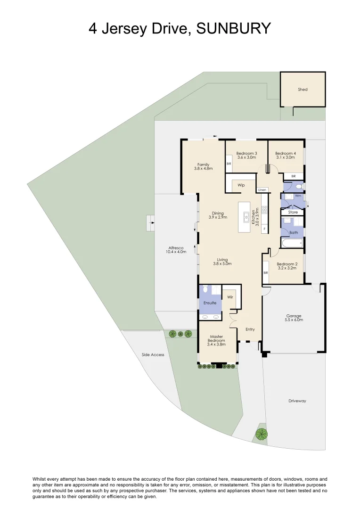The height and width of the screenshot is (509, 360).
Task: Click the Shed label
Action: click(303, 89)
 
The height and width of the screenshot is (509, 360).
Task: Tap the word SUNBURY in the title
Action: click(233, 28)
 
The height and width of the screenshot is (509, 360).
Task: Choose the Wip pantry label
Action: click(241, 185)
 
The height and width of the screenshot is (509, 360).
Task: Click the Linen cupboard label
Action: click(262, 190)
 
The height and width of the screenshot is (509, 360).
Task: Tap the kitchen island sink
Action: click(246, 217)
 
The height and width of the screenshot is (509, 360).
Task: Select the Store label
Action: click(293, 212)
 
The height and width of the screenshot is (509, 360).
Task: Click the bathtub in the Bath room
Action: click(292, 244)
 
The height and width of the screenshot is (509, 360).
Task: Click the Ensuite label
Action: click(210, 303)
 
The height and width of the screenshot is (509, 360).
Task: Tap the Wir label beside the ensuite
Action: click(230, 297)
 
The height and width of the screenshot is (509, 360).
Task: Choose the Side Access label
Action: click(153, 354)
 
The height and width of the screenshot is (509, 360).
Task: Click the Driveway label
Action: click(297, 401)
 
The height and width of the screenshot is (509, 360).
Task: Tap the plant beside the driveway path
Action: click(261, 434)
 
